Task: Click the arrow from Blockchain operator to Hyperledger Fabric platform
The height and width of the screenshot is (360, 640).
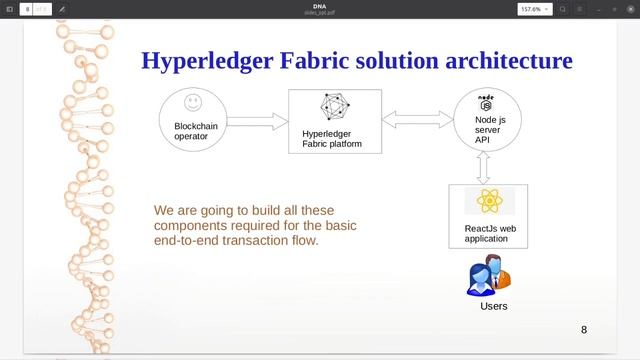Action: coord(257,121)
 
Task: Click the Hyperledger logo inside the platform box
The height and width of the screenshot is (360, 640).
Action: coord(334,106)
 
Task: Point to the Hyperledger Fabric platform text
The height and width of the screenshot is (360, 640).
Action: coord(332,138)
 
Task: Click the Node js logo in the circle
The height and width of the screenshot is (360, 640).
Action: coord(487,102)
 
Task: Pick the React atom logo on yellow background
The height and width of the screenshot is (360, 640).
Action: coord(489,201)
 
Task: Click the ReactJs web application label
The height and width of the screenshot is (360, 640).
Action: coord(490,234)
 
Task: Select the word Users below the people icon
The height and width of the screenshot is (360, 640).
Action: coord(494,306)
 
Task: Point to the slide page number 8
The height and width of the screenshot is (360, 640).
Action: coord(584,329)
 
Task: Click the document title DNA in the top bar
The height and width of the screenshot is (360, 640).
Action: coord(319,5)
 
